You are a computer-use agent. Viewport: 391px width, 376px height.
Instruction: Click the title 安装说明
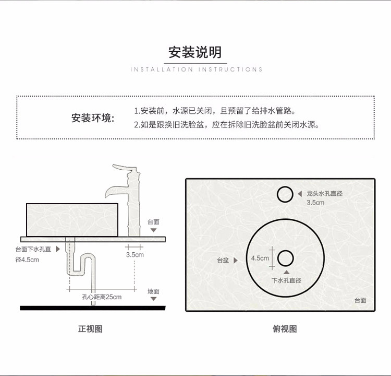195,52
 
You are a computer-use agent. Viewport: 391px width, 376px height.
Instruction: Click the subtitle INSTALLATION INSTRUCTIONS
196,69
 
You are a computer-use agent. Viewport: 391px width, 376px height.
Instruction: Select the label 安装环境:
93,118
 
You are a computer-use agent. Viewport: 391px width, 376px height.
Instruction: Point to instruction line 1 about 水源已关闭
214,111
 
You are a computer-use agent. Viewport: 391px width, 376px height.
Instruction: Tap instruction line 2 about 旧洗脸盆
226,125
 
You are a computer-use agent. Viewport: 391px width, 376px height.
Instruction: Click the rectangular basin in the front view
72,217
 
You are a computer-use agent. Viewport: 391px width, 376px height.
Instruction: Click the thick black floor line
92,308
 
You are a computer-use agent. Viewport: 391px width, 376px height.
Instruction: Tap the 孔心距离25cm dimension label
102,297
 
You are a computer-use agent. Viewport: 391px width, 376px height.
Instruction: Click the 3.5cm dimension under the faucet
135,255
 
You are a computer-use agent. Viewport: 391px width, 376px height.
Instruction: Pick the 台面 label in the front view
153,222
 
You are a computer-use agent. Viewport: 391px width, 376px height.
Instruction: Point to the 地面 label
153,291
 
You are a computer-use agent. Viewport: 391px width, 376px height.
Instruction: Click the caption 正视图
90,329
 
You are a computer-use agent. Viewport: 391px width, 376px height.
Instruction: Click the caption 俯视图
285,329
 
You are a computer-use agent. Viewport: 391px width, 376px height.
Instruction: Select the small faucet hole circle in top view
285,194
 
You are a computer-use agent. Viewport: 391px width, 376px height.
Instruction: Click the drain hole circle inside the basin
286,258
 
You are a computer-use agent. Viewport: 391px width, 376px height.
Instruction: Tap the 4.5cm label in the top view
260,258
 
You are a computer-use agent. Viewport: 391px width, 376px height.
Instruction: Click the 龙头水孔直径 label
324,193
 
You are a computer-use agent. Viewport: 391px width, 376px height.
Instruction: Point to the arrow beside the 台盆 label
236,260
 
